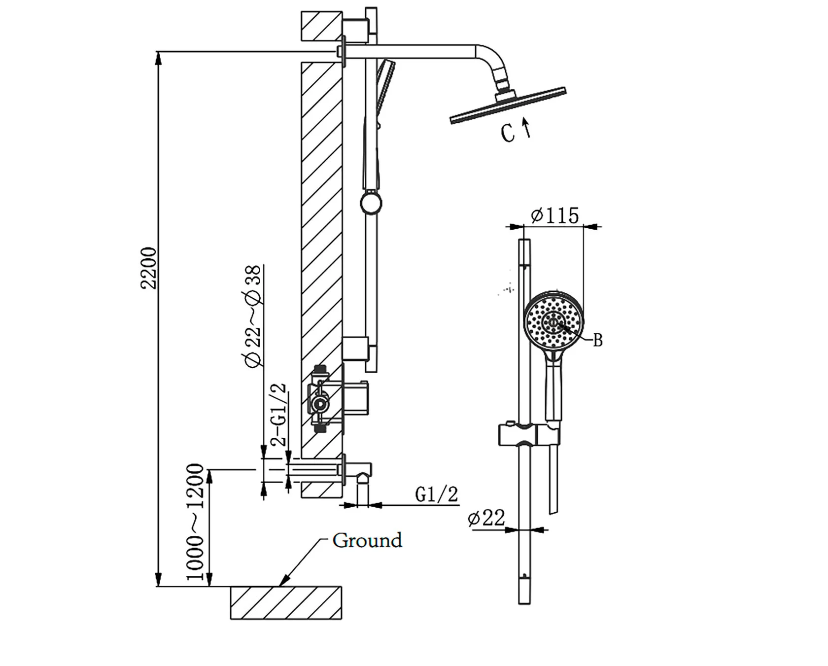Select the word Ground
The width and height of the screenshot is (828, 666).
(367, 541)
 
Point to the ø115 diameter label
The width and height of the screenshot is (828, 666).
(555, 216)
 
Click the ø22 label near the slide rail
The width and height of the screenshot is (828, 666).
(487, 518)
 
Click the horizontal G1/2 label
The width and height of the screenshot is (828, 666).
(437, 494)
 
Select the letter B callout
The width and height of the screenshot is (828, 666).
(598, 340)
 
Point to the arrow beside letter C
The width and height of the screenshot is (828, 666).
(527, 127)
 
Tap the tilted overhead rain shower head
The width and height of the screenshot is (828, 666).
(508, 104)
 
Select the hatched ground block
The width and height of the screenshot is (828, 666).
(286, 602)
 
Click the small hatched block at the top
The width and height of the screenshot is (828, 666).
(321, 26)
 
